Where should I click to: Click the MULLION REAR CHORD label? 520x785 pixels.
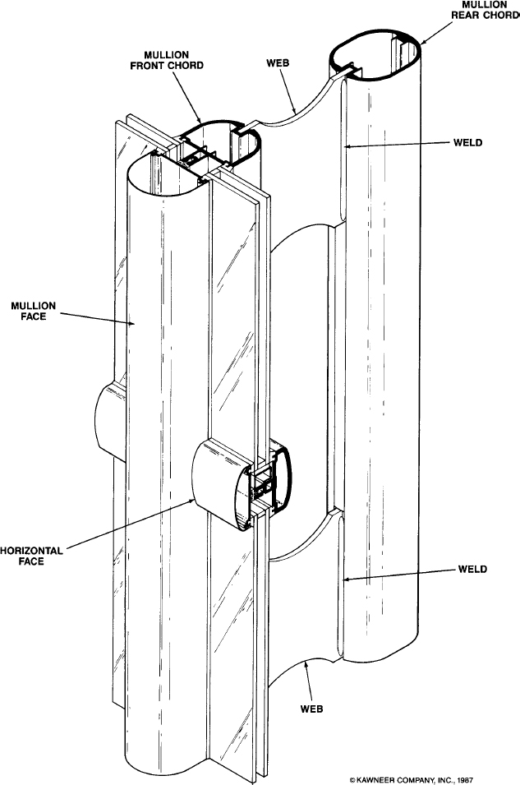(x=485, y=10)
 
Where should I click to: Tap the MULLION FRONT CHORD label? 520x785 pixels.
(x=167, y=59)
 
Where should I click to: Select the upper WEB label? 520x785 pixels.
(x=278, y=63)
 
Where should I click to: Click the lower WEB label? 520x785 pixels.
(x=312, y=709)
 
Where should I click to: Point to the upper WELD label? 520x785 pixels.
(x=468, y=143)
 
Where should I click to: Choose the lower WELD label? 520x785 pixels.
(x=472, y=569)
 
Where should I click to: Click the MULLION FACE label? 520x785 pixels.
(x=33, y=311)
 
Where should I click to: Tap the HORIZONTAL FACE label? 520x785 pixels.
(x=31, y=556)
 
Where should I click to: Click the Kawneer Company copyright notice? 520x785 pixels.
(x=411, y=780)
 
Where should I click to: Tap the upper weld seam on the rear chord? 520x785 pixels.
(x=343, y=150)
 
